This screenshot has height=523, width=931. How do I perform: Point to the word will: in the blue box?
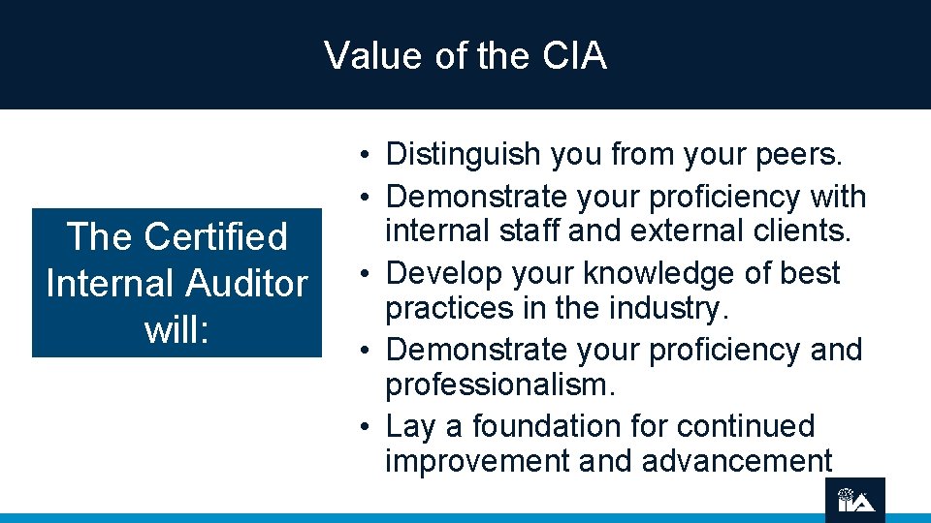pyautogui.click(x=176, y=329)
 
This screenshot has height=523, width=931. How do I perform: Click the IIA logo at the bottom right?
pyautogui.click(x=856, y=499)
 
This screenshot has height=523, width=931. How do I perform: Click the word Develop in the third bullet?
pyautogui.click(x=446, y=273)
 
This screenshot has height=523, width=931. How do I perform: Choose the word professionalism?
pyautogui.click(x=500, y=385)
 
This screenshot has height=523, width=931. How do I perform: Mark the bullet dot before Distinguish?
pyautogui.click(x=360, y=155)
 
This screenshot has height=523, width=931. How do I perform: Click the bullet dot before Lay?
pyautogui.click(x=360, y=427)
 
